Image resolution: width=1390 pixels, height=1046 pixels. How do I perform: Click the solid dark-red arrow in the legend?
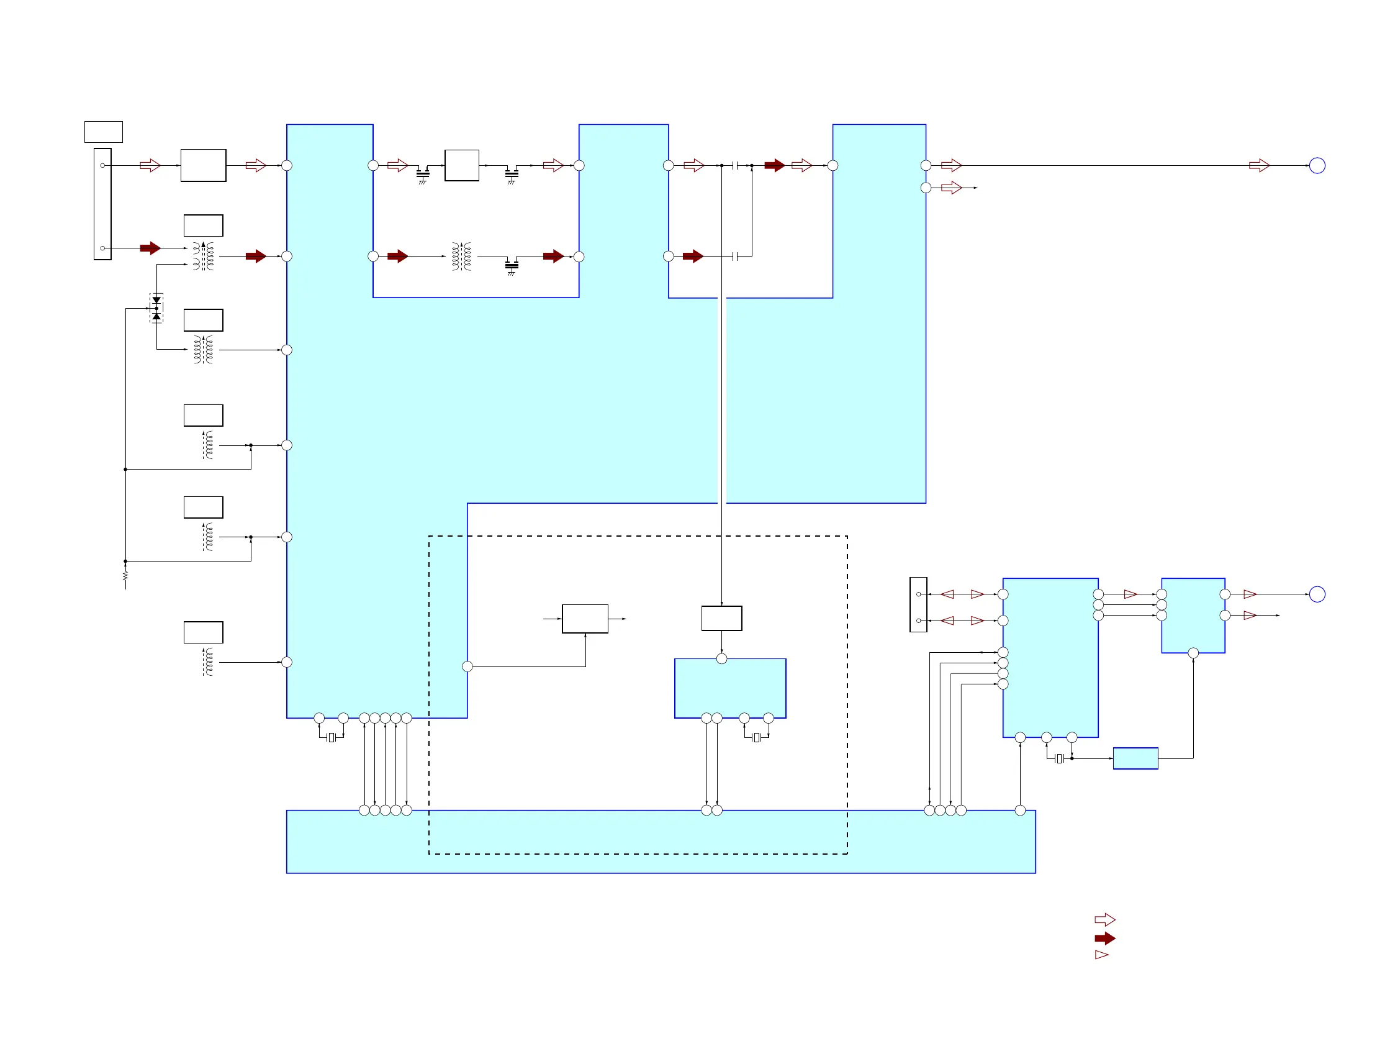coord(1104,939)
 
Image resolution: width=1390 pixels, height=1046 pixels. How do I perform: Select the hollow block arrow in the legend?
coord(1104,920)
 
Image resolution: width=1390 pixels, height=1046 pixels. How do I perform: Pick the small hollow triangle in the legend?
coord(1101,955)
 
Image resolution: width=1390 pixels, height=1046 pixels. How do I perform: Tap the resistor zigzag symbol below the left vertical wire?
coord(125,576)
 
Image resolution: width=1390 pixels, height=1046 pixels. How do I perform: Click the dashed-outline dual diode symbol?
coord(156,308)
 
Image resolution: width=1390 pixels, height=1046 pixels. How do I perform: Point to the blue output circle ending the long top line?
coord(1317,165)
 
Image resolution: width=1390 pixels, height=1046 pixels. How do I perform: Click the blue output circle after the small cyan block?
coord(1317,594)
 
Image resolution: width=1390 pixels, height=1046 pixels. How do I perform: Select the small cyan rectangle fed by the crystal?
coord(1135,758)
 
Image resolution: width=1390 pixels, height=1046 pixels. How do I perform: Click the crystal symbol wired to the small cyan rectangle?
coord(1059,759)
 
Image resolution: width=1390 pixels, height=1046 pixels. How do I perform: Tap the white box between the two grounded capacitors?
coord(462,165)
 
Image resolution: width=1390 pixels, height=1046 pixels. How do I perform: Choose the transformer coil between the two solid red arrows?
coord(461,257)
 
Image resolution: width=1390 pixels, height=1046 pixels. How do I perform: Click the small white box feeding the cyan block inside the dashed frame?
coord(721,618)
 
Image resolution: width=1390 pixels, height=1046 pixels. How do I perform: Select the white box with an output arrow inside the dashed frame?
coord(585,619)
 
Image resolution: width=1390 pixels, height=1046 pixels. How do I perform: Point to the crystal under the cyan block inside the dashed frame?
coord(757,737)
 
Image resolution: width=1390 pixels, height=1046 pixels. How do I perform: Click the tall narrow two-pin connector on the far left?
coord(102,204)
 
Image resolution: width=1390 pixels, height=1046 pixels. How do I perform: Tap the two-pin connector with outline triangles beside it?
coord(918,605)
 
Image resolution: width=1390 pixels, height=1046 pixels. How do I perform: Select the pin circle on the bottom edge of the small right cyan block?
coord(1193,653)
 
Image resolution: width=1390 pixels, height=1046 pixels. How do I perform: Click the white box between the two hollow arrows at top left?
coord(203,165)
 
